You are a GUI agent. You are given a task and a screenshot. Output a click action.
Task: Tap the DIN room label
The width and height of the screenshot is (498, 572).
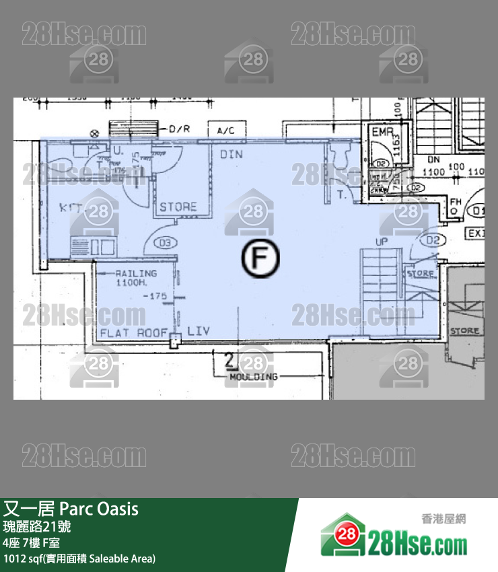coord(232,155)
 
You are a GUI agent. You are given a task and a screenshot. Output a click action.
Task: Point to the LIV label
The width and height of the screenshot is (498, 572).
coord(199,330)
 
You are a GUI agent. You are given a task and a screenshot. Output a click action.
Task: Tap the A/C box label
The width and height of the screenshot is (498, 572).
coord(226,131)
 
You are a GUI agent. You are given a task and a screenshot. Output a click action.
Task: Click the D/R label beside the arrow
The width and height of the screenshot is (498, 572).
coord(180,129)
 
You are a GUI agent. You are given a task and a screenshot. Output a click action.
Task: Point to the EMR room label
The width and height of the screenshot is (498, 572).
coord(382,133)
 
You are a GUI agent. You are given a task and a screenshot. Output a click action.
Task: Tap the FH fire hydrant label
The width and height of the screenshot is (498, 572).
coord(456,202)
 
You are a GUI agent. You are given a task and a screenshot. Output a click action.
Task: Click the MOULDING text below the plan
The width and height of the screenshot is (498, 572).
coord(253,377)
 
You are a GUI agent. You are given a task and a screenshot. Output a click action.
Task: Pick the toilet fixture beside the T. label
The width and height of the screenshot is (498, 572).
coord(337,157)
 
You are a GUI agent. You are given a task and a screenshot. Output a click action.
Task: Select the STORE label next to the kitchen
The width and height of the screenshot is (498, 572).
coord(178,207)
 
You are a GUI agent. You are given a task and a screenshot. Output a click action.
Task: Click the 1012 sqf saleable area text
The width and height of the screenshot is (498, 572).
coord(79,558)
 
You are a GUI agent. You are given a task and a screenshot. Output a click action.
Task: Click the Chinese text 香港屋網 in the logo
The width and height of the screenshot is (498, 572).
coord(443,519)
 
